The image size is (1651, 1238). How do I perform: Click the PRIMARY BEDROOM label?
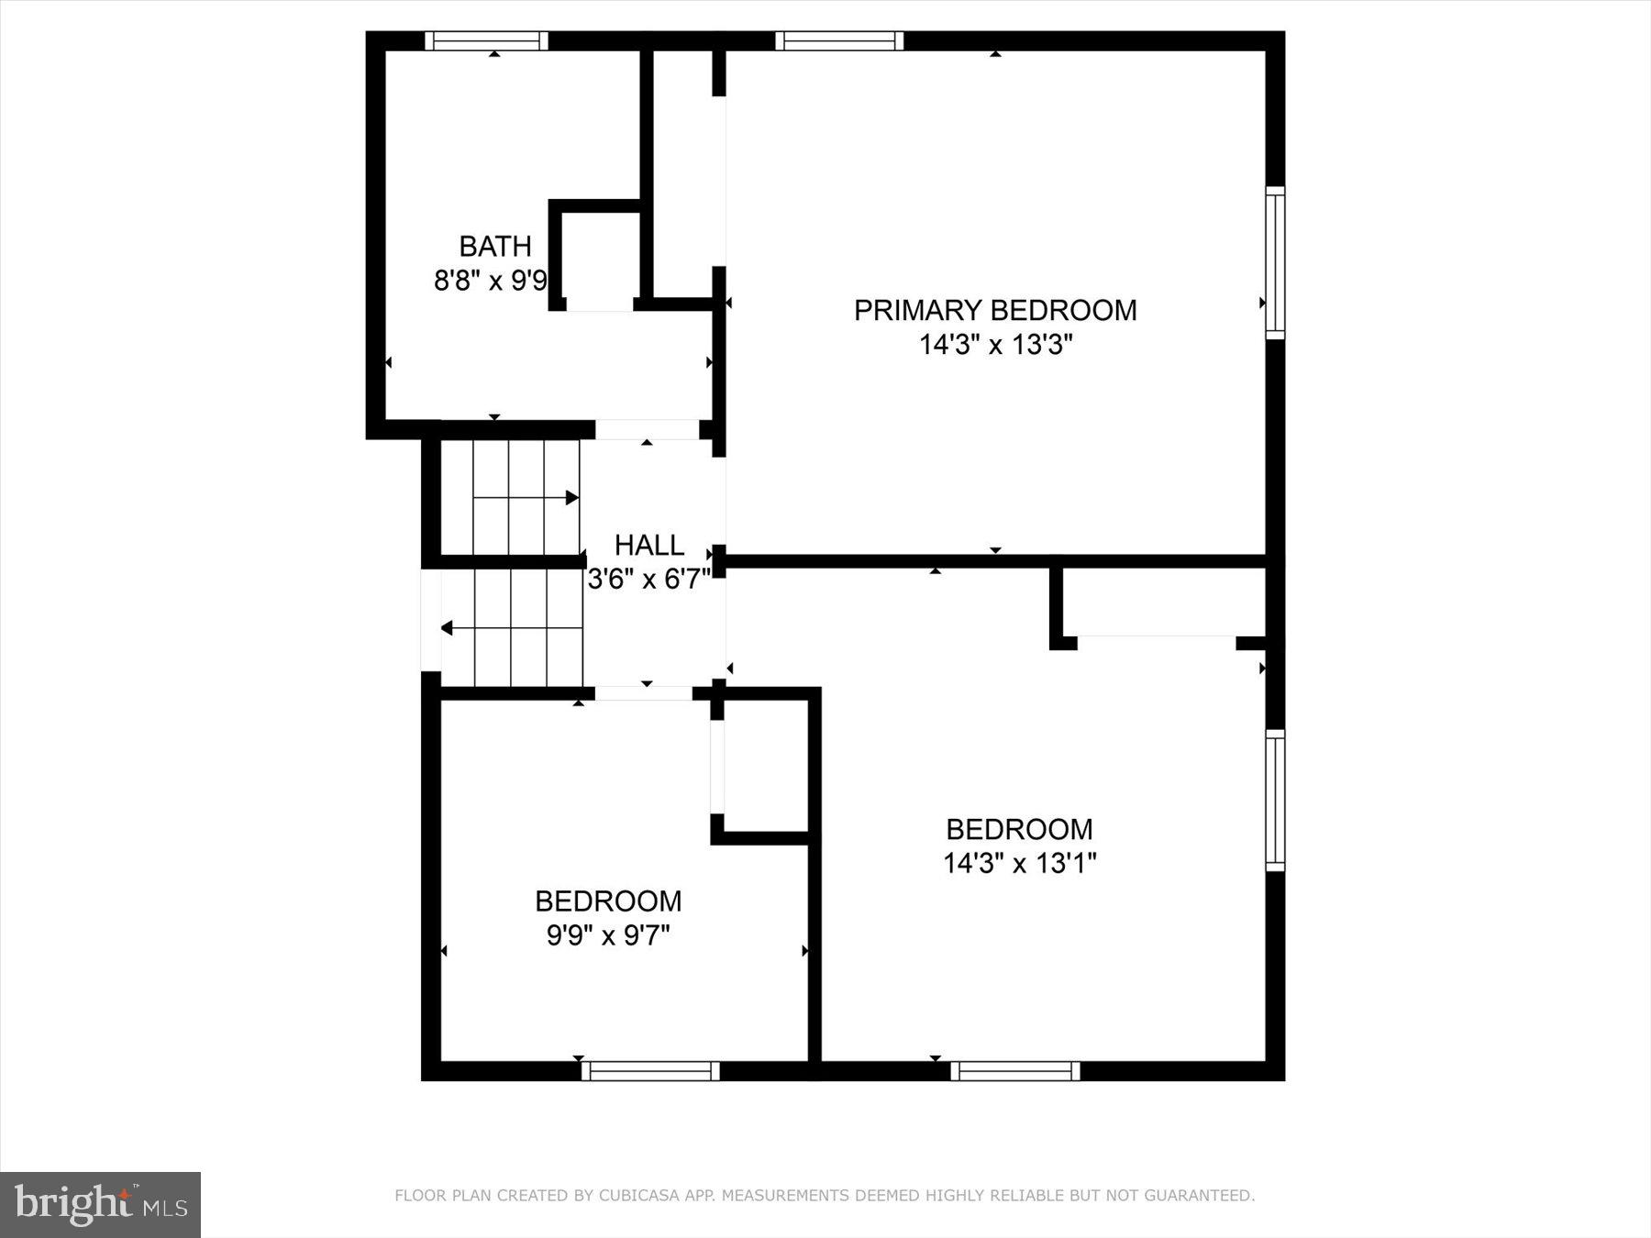[995, 310]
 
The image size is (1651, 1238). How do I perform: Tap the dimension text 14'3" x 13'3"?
[996, 345]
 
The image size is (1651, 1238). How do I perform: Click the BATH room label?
[495, 246]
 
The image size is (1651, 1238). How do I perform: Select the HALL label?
[649, 546]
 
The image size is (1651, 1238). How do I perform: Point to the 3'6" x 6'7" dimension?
[649, 580]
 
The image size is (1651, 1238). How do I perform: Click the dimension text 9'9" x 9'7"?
[608, 935]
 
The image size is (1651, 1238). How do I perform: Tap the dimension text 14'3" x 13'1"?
[1020, 863]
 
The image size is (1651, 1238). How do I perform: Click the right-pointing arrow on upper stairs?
[571, 498]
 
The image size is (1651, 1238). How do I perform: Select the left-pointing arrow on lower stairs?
[448, 628]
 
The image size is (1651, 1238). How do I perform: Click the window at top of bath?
[486, 40]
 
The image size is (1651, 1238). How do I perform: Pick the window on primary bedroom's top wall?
[839, 40]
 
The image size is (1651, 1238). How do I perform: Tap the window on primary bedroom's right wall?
[1275, 262]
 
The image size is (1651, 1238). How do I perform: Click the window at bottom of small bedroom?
[650, 1070]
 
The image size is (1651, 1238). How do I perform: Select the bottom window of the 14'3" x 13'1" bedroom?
[1015, 1070]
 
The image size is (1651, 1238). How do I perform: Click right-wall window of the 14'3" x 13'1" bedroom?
[1275, 800]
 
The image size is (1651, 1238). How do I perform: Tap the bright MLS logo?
[100, 1204]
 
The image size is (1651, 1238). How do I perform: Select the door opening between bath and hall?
[647, 429]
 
